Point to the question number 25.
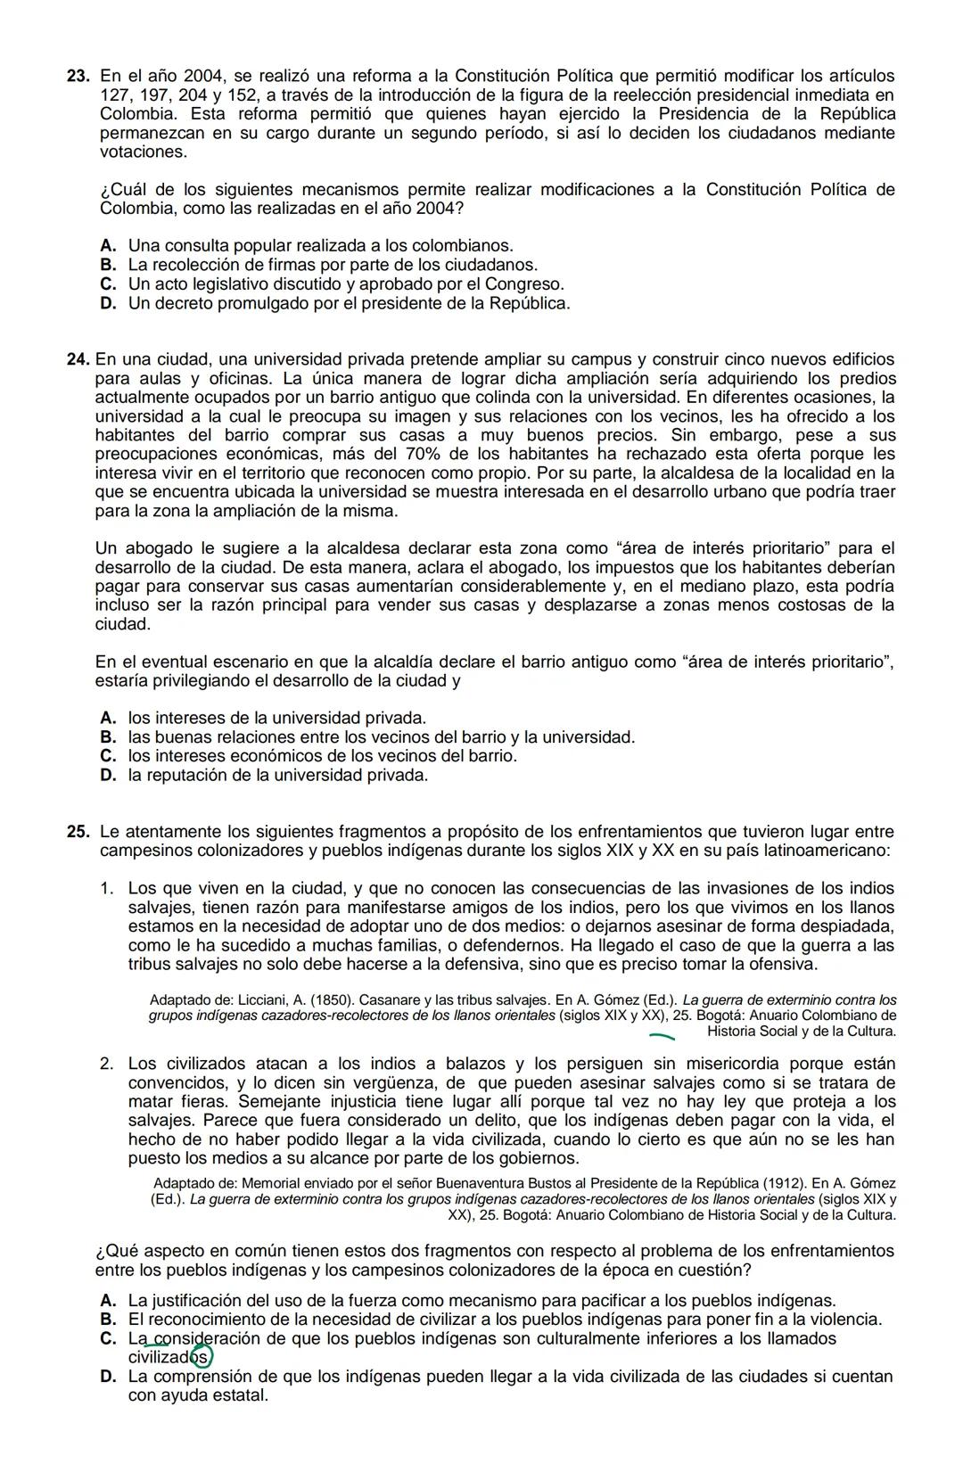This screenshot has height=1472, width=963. [x=78, y=831]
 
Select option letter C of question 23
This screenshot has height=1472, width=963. [x=109, y=284]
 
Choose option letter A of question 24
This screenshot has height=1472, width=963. [x=109, y=718]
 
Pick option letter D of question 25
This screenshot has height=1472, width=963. [x=109, y=1377]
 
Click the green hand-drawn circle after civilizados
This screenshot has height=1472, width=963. [x=202, y=1357]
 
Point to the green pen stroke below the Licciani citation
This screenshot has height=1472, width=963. [x=662, y=1036]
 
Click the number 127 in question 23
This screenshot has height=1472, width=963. [x=114, y=95]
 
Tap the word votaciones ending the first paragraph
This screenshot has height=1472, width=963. [x=144, y=152]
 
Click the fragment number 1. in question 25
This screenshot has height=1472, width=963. [x=107, y=888]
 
